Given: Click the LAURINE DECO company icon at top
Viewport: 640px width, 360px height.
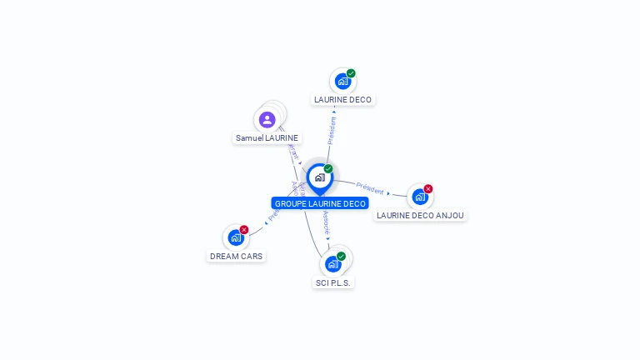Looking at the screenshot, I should [342, 81].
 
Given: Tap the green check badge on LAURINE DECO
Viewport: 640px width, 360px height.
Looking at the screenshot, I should [351, 73].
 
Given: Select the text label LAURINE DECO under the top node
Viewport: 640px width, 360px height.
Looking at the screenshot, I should [342, 100].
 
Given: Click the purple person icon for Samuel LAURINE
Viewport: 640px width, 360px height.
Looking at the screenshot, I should [267, 119].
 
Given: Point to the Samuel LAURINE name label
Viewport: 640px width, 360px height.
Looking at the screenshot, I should [267, 138].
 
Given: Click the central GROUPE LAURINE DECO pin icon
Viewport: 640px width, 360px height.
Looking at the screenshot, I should [319, 177].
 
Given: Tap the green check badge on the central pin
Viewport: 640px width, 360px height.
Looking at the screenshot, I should [328, 169].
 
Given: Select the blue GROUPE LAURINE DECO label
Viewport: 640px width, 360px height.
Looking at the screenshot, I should [320, 203].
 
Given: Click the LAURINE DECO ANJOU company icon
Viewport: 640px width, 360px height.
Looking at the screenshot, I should [419, 197].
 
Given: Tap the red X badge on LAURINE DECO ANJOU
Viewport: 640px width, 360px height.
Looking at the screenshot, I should [428, 189].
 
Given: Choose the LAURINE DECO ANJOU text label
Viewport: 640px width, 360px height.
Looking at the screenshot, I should [420, 215].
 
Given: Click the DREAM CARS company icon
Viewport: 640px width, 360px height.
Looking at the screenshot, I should [236, 237].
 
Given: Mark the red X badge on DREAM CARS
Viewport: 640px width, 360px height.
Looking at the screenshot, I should [244, 230].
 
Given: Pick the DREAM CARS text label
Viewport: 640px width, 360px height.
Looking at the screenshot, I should [236, 257].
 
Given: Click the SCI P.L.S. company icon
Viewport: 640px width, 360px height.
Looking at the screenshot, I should [333, 264].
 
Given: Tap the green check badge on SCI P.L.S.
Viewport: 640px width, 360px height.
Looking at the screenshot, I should [341, 257].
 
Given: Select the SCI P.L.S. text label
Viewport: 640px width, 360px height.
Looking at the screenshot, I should [334, 283].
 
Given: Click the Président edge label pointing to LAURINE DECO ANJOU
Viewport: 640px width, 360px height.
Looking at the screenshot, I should [370, 187].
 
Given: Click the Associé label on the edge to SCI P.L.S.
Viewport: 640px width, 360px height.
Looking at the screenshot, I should [326, 222].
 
